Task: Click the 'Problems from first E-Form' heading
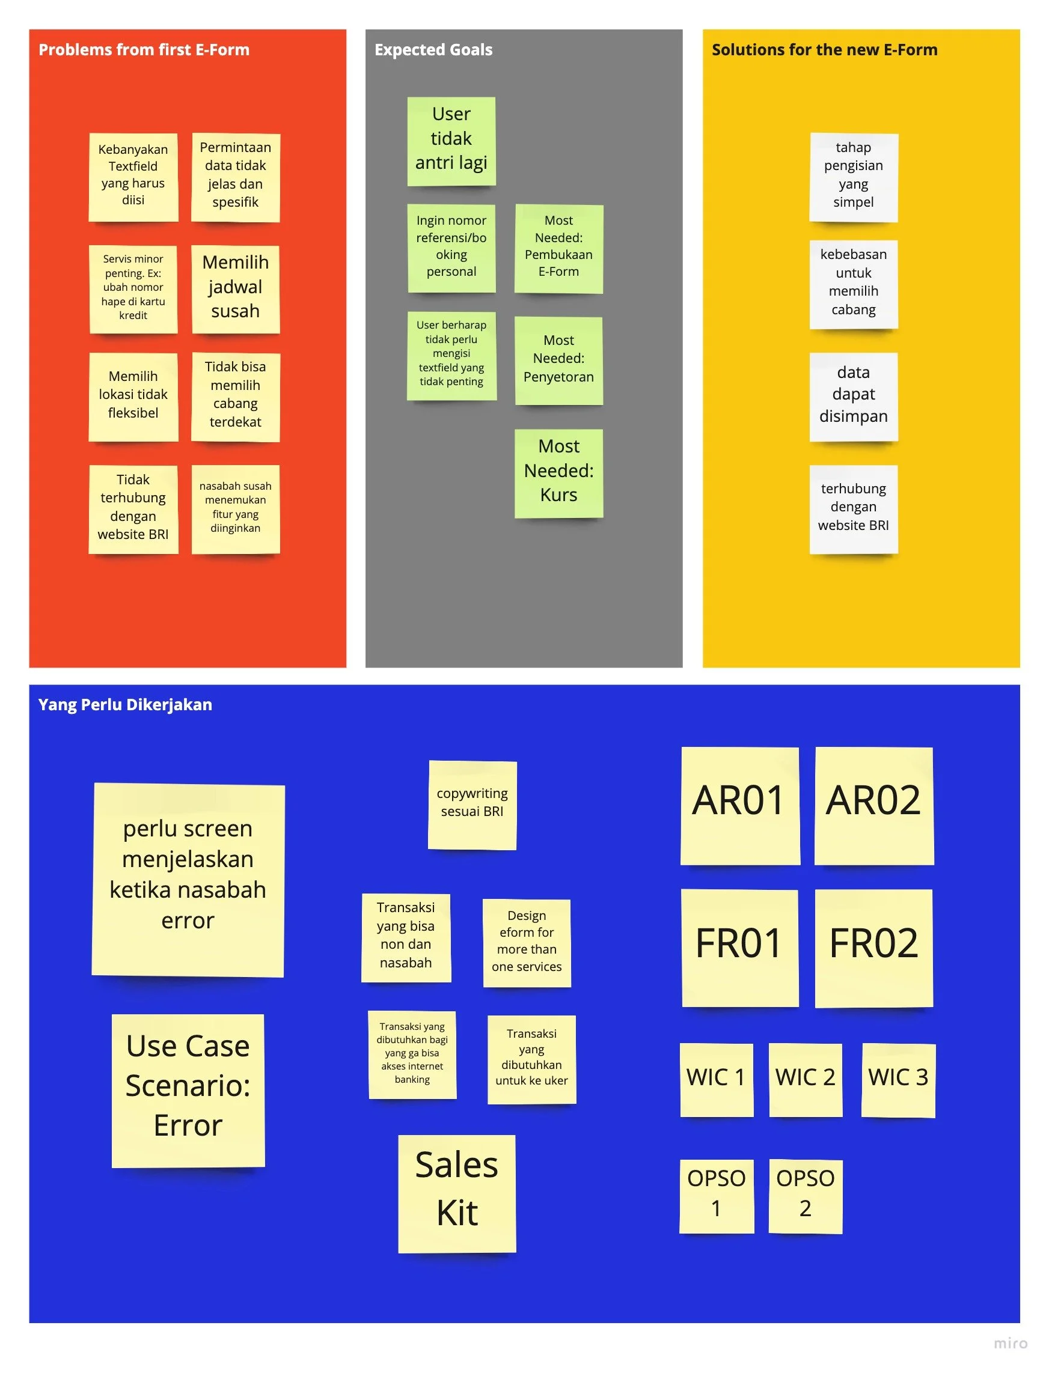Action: (144, 49)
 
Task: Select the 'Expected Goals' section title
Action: (433, 49)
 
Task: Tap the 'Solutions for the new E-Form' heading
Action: (824, 49)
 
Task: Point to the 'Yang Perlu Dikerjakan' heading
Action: (125, 704)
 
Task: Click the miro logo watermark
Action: (1010, 1344)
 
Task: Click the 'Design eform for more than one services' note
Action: (527, 942)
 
